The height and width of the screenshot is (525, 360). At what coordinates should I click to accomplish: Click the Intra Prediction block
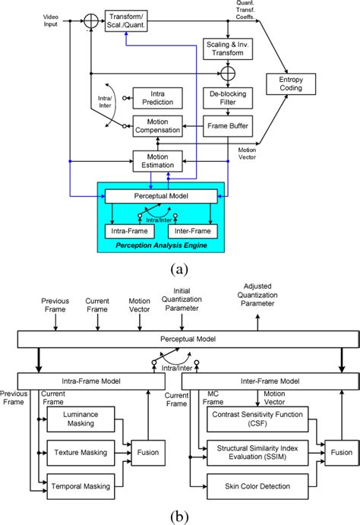pyautogui.click(x=157, y=98)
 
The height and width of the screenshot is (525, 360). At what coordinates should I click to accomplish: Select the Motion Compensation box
pyautogui.click(x=157, y=125)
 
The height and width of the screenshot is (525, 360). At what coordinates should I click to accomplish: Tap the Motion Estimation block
pyautogui.click(x=157, y=160)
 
